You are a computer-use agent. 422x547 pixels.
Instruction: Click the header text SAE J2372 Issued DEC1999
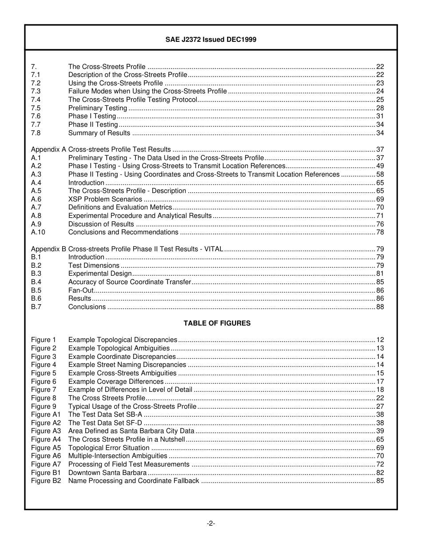(x=211, y=40)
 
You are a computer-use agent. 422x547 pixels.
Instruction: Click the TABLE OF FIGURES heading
(x=217, y=323)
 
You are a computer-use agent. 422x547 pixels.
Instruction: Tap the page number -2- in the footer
(x=211, y=523)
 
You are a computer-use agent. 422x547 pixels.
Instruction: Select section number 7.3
(x=36, y=91)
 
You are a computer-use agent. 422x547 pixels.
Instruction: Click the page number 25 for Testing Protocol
(x=380, y=100)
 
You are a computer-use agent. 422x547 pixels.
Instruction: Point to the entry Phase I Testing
(x=92, y=116)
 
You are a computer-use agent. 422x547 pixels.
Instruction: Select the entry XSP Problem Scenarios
(x=105, y=199)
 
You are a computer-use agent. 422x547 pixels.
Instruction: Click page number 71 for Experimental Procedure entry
(x=380, y=216)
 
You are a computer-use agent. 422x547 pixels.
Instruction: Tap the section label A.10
(x=38, y=232)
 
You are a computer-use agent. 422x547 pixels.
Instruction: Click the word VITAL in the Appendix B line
(x=214, y=249)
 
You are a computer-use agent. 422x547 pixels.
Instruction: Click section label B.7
(x=36, y=307)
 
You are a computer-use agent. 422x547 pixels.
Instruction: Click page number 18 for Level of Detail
(x=380, y=390)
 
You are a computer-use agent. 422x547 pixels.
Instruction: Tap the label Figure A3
(x=46, y=431)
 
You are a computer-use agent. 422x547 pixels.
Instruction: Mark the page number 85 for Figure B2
(x=380, y=481)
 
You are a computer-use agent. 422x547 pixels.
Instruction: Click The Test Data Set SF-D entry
(x=105, y=423)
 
